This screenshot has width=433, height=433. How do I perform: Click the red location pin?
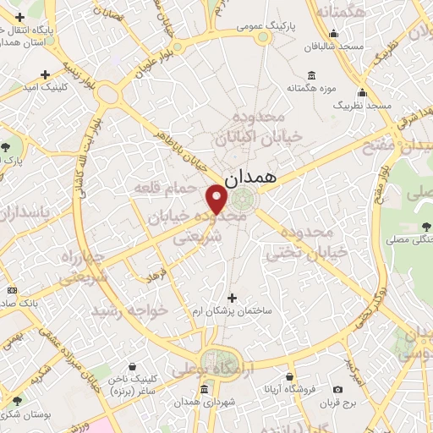pos(216,200)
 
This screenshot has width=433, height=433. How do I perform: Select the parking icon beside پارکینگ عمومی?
pos(261,38)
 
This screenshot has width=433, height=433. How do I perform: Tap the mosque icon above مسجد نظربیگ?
pos(363,93)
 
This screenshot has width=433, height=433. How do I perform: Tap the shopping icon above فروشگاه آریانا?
pos(290,377)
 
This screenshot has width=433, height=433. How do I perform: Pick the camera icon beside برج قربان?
pos(338,389)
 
